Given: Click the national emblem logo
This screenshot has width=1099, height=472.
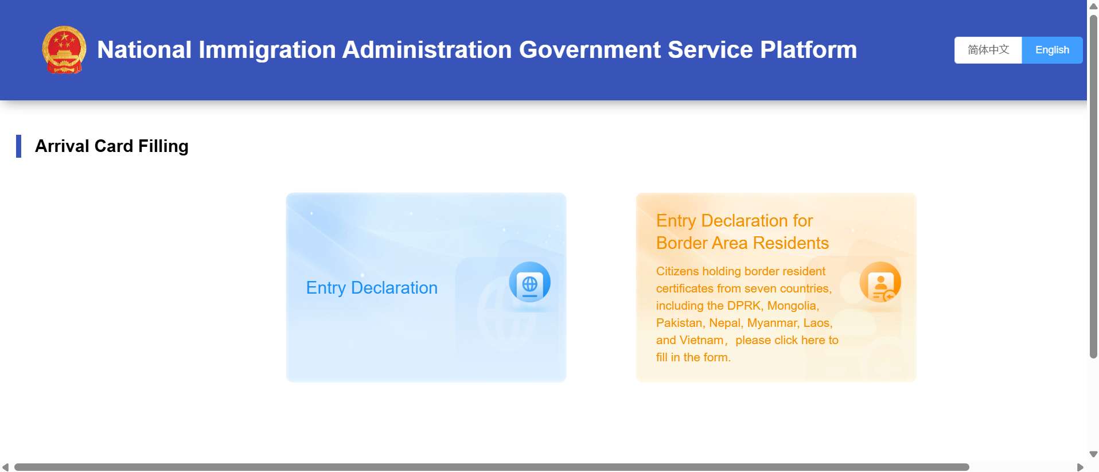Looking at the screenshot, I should click(64, 50).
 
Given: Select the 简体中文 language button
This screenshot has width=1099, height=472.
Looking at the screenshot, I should click(988, 50).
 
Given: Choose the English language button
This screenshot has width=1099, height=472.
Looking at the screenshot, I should click(1052, 50).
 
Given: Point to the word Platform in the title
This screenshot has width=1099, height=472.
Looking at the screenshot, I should click(808, 50).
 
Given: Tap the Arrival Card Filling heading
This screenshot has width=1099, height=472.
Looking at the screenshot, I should click(112, 146).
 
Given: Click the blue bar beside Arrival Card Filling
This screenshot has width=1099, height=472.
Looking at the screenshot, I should click(19, 146).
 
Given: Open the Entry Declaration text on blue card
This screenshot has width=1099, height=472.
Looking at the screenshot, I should click(372, 288).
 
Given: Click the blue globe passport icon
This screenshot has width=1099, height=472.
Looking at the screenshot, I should click(529, 282).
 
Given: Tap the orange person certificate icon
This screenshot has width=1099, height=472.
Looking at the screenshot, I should click(880, 282).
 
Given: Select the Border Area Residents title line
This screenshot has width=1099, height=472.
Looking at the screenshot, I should click(742, 243).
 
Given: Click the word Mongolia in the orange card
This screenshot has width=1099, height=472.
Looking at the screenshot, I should click(792, 306).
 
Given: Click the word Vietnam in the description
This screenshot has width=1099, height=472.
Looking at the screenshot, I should click(701, 340).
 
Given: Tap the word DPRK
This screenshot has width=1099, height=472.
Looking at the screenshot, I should click(743, 306).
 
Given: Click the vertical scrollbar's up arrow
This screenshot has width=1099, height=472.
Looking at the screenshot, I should click(1093, 6).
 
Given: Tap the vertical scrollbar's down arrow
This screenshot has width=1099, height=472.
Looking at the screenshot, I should click(1093, 454).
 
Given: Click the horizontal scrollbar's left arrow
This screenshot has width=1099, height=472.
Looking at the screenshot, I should click(5, 467).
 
